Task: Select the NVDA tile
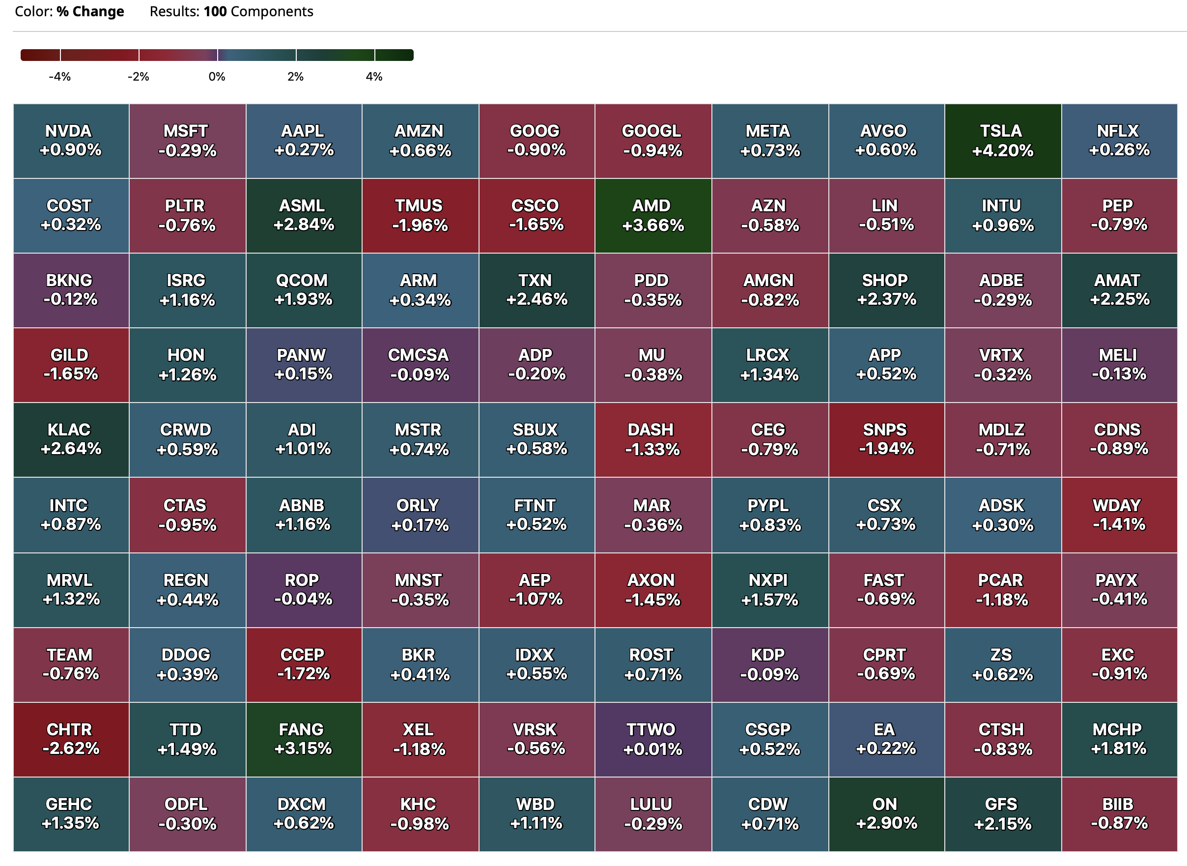71,141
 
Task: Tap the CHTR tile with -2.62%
71,739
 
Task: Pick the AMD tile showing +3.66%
652,215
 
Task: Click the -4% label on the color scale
59,77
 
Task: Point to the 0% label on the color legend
217,77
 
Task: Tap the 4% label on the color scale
374,77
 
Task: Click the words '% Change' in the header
90,11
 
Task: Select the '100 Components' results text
258,11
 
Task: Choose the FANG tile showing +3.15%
304,739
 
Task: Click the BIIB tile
1119,813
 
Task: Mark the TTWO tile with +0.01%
652,739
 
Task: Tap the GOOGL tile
652,141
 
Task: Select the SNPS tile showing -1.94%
886,439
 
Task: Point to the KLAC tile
71,439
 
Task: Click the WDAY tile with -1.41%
1119,515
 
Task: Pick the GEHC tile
71,813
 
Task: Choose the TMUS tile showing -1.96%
420,215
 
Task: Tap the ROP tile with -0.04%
304,590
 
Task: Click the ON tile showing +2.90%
886,813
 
